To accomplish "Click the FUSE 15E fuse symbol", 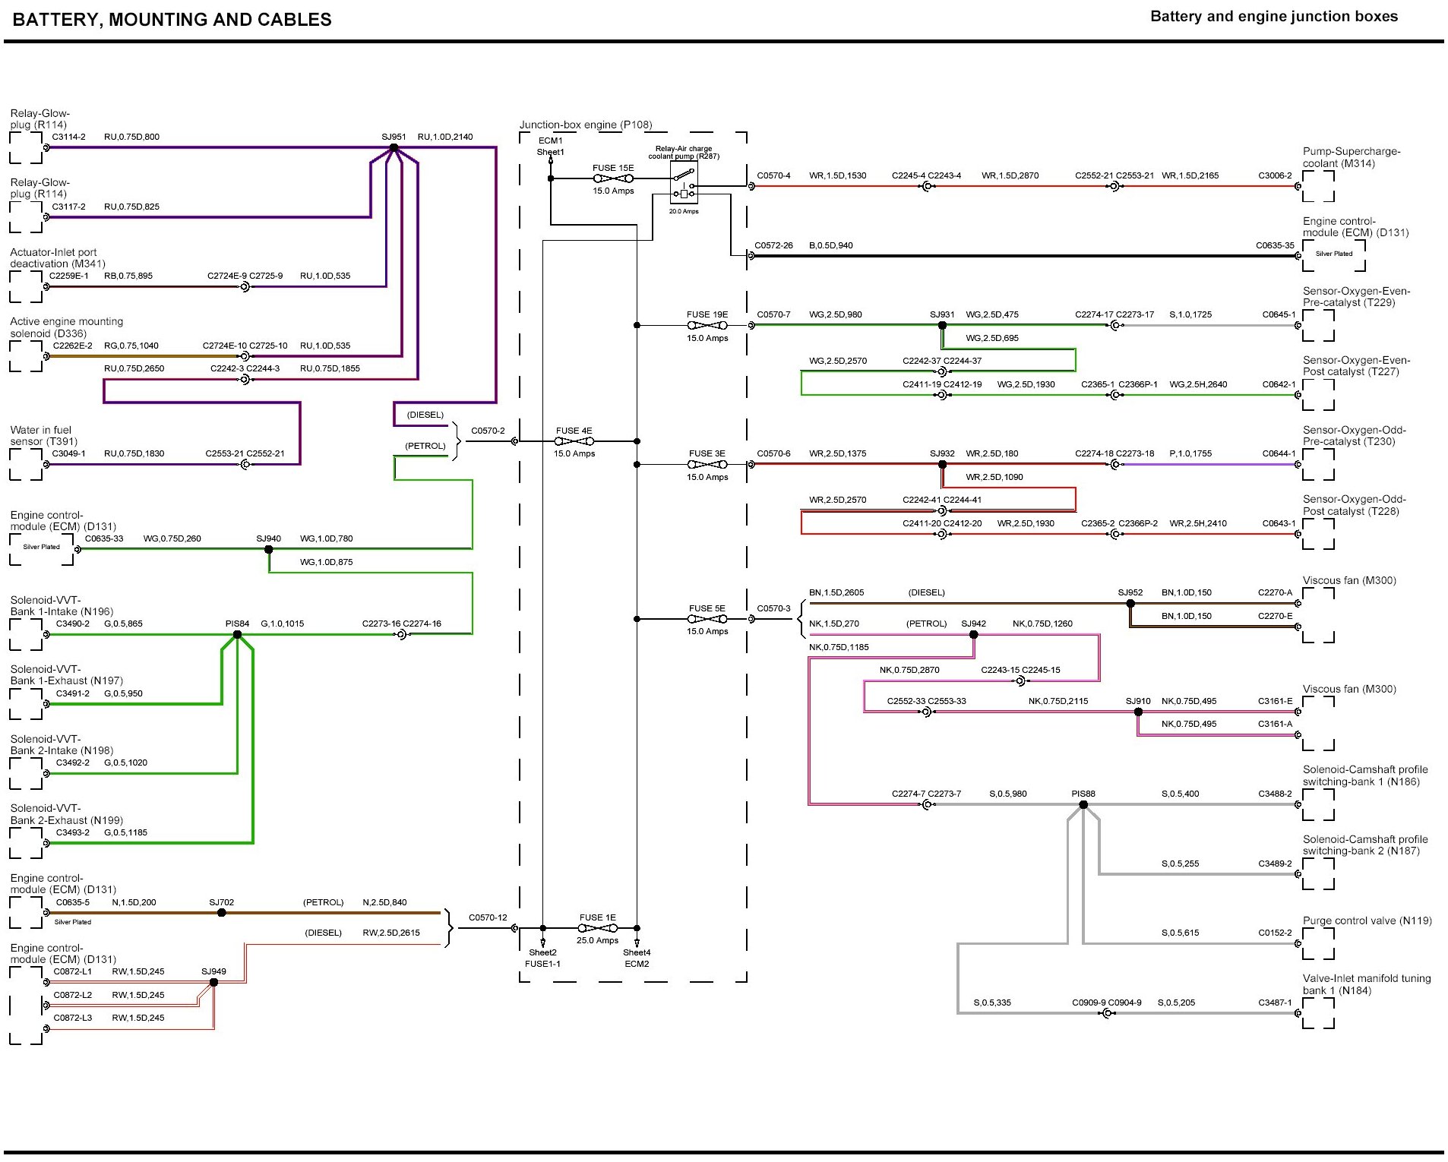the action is point(612,178).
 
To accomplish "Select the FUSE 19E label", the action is point(707,314).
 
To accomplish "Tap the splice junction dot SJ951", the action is point(394,147).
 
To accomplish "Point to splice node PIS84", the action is point(237,634).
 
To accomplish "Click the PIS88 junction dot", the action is point(1083,804).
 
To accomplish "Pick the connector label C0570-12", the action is point(488,917).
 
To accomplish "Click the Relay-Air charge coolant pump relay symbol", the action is point(684,182).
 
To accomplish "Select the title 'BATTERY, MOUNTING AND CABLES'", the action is point(172,20).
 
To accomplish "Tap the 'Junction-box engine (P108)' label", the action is point(586,125).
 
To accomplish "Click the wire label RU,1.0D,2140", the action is point(445,137).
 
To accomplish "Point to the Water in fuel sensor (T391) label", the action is point(44,435).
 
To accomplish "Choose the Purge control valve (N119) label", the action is point(1367,920).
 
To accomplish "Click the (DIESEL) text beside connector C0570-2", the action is point(425,415).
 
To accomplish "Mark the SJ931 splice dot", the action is point(942,325).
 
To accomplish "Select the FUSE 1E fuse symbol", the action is point(597,928).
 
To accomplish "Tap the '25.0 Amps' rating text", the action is point(597,940).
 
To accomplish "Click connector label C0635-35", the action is point(1275,245).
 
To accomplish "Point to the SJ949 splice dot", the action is point(213,982).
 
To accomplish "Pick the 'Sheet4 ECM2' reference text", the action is point(637,958).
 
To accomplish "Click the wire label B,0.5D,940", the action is point(831,245).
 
